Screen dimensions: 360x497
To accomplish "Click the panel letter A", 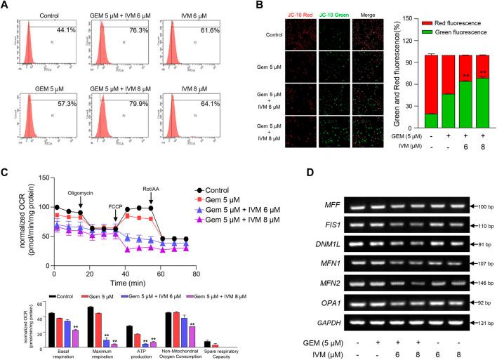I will pyautogui.click(x=6, y=6).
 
